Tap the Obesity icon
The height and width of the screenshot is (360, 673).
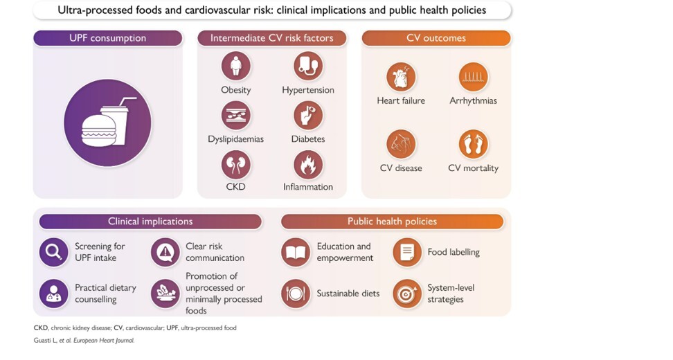235,66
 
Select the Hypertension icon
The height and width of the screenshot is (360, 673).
308,66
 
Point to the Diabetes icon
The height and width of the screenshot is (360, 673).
308,116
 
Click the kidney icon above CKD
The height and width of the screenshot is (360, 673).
235,165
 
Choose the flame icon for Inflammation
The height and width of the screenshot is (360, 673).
308,165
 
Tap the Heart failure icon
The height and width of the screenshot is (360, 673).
401,78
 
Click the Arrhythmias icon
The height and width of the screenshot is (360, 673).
473,78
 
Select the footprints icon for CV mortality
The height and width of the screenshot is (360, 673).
473,144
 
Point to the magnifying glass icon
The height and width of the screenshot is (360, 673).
53,252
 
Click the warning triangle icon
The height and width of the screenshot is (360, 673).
165,252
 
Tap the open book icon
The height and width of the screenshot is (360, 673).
296,252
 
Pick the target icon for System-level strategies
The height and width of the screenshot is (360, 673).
407,294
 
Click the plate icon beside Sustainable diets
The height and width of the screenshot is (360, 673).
296,294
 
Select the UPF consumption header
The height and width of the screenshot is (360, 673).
108,38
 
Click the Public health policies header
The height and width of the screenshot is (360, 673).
393,222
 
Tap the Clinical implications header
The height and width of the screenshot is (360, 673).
150,222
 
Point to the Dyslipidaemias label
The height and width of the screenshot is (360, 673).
235,139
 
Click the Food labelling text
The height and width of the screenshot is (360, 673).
454,252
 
